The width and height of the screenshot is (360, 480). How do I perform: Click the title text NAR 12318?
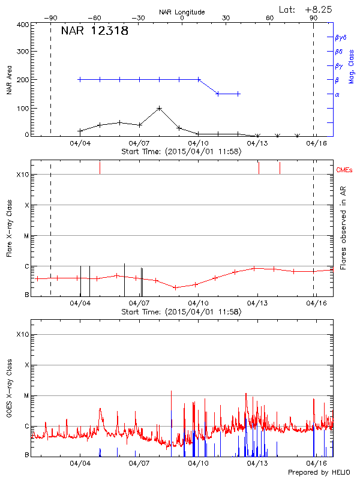tap(95, 31)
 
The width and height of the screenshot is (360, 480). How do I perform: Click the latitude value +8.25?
tap(319, 9)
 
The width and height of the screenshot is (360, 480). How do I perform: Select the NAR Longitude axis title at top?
tap(182, 12)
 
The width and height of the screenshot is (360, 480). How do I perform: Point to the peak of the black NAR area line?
tap(159, 108)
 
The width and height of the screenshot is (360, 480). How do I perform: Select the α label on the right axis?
tap(337, 94)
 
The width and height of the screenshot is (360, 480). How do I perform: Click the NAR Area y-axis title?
tap(9, 80)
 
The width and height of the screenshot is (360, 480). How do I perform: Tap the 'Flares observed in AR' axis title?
tap(343, 227)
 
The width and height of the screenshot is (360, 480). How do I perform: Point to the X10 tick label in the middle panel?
tap(23, 175)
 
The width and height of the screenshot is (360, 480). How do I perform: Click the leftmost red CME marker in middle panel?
tap(100, 167)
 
